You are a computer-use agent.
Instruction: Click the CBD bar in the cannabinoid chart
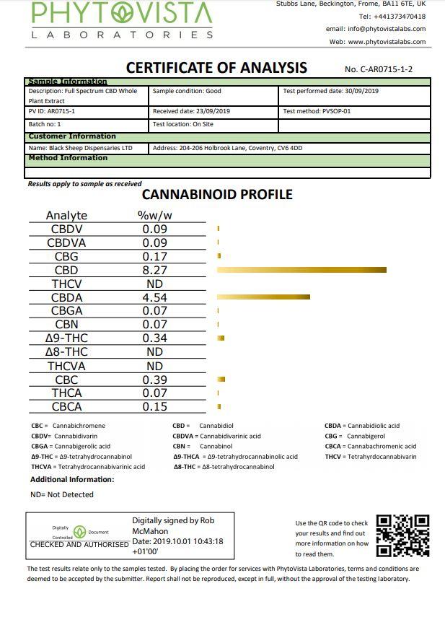tap(301, 270)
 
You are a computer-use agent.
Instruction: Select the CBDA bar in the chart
tap(263, 297)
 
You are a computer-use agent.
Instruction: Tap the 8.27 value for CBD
tap(154, 271)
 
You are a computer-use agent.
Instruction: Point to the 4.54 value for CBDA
tap(154, 297)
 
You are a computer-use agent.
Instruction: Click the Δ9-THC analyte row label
tap(66, 338)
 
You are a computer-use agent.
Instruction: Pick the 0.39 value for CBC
tap(154, 380)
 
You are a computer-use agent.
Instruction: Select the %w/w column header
tap(154, 215)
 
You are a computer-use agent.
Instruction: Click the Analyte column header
tap(66, 215)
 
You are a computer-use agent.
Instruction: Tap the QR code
tap(402, 535)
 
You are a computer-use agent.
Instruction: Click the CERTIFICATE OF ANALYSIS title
tap(216, 68)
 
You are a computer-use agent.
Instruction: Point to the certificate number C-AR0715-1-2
tap(379, 70)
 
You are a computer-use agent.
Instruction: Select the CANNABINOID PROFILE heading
tap(217, 194)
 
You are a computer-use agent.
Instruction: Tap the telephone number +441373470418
tap(392, 16)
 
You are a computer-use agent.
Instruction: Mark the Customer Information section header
tap(72, 136)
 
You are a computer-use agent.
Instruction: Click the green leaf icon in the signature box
tap(80, 532)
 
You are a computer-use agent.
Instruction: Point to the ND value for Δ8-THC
tap(154, 352)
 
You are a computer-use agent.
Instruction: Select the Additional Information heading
tap(72, 479)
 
